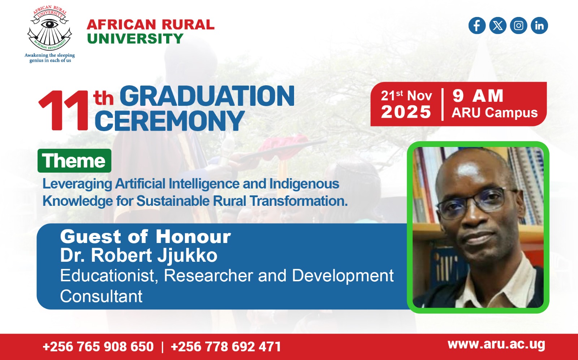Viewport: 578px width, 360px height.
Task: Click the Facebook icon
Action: pyautogui.click(x=477, y=26)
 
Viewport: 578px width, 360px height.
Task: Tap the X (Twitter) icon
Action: pyautogui.click(x=498, y=26)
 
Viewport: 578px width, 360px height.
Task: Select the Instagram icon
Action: pyautogui.click(x=518, y=26)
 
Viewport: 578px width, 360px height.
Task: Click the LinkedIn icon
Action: pyautogui.click(x=539, y=26)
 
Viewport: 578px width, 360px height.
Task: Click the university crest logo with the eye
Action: pyautogui.click(x=49, y=28)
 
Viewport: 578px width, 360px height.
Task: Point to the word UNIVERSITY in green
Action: pyautogui.click(x=135, y=39)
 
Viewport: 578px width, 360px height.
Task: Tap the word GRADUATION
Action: pyautogui.click(x=207, y=96)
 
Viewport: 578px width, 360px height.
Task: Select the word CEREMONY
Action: pyautogui.click(x=169, y=121)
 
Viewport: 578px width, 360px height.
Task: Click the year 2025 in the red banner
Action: pyautogui.click(x=406, y=112)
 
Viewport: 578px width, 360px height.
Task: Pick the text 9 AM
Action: pyautogui.click(x=478, y=96)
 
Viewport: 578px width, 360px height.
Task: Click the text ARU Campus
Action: pyautogui.click(x=495, y=113)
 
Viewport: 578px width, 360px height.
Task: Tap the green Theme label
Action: pyautogui.click(x=74, y=161)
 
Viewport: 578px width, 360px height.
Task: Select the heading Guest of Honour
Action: pyautogui.click(x=145, y=237)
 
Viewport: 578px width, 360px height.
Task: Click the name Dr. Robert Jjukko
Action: pyautogui.click(x=139, y=255)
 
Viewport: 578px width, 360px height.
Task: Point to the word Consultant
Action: pyautogui.click(x=101, y=296)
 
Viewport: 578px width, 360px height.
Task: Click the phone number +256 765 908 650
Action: pyautogui.click(x=98, y=346)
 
